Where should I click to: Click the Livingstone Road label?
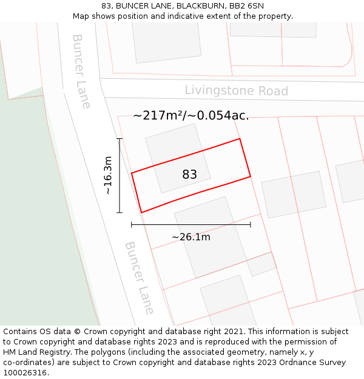pyautogui.click(x=236, y=91)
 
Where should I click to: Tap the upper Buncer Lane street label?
pyautogui.click(x=81, y=71)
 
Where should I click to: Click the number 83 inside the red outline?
pyautogui.click(x=189, y=175)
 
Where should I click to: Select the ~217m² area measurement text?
pyautogui.click(x=190, y=115)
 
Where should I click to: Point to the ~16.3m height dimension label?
pyautogui.click(x=108, y=175)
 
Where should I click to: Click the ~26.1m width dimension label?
pyautogui.click(x=190, y=236)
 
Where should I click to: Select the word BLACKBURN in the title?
pyautogui.click(x=201, y=6)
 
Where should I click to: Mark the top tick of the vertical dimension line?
pyautogui.click(x=120, y=139)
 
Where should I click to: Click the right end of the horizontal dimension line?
pyautogui.click(x=251, y=224)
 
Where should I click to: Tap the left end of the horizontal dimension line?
pyautogui.click(x=132, y=224)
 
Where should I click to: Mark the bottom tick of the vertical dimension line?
pyautogui.click(x=120, y=212)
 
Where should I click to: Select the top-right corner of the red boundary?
pyautogui.click(x=240, y=139)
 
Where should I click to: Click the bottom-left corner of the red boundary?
pyautogui.click(x=141, y=212)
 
